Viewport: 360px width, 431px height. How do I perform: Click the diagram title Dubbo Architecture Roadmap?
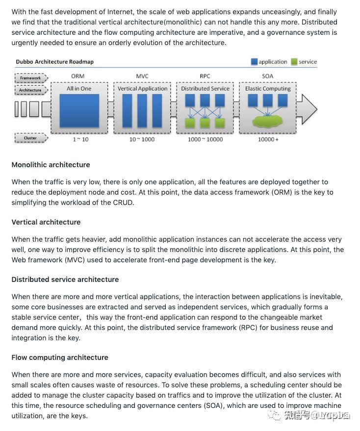(x=54, y=62)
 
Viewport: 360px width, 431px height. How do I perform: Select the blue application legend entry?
(x=269, y=62)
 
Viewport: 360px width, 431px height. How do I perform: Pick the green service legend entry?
(x=304, y=62)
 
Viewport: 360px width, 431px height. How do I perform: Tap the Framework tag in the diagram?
(x=30, y=78)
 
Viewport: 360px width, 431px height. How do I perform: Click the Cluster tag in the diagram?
(x=30, y=138)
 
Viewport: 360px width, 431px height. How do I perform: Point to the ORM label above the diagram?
(x=78, y=76)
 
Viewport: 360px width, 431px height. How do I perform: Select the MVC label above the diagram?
(x=142, y=76)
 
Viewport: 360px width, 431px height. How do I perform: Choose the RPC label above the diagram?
(x=205, y=76)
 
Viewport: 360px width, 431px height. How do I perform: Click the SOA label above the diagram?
(x=268, y=76)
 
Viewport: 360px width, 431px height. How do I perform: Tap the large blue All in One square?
(x=79, y=111)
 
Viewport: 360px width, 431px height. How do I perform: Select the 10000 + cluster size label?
(x=268, y=139)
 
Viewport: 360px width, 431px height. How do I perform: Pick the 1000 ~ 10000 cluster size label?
(x=205, y=139)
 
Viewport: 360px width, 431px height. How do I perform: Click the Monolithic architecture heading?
(x=51, y=165)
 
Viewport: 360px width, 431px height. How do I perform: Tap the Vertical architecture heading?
(x=46, y=222)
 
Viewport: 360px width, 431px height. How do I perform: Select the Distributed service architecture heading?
(x=65, y=279)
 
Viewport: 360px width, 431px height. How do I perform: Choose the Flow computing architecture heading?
(x=60, y=357)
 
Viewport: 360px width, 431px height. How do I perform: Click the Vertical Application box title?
(x=142, y=89)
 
